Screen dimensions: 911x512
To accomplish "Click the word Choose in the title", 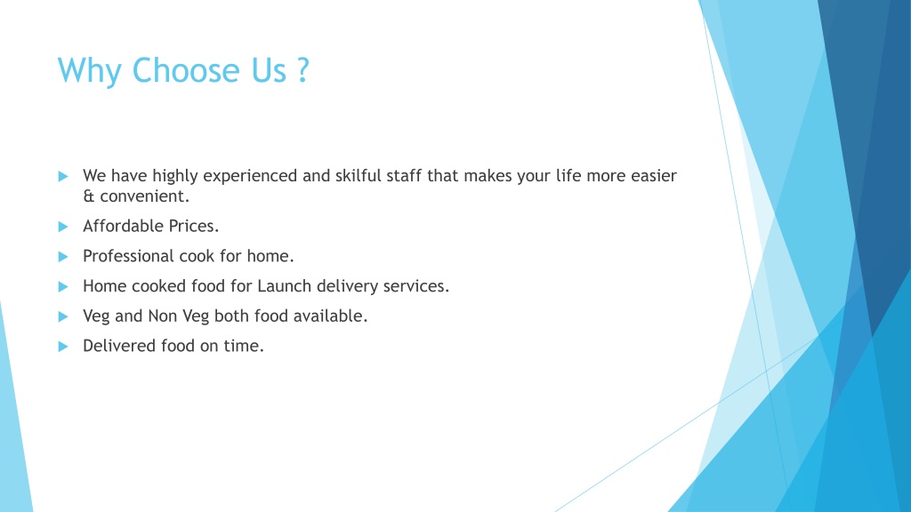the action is (x=186, y=70).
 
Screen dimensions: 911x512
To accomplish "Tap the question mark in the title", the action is (x=302, y=70).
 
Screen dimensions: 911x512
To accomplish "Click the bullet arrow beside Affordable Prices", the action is (x=63, y=227).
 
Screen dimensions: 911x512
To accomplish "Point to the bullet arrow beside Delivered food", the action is (x=63, y=347).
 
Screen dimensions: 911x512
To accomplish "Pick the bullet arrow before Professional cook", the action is (x=63, y=257).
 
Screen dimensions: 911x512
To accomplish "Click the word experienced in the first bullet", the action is (x=250, y=177).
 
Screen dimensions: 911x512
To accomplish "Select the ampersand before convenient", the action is (x=88, y=196).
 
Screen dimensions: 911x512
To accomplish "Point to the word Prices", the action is (x=194, y=226).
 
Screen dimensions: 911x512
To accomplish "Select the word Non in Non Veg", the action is (x=163, y=316).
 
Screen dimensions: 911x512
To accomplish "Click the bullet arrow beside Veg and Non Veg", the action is (x=63, y=316).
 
